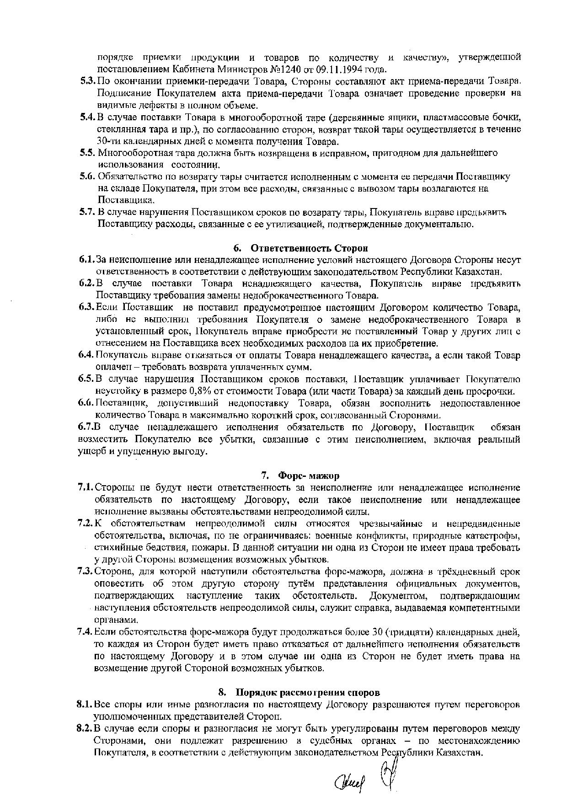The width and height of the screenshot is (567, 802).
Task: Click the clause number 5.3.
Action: tap(87, 81)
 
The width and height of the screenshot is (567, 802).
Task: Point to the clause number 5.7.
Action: tap(87, 212)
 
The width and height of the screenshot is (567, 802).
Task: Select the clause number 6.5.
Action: tap(86, 380)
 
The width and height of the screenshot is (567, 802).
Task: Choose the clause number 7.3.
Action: tap(86, 572)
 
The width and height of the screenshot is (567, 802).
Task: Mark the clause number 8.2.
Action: tap(85, 729)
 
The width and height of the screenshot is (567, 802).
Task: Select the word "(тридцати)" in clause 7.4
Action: tap(408, 632)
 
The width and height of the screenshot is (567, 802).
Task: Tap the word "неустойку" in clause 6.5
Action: tap(115, 392)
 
